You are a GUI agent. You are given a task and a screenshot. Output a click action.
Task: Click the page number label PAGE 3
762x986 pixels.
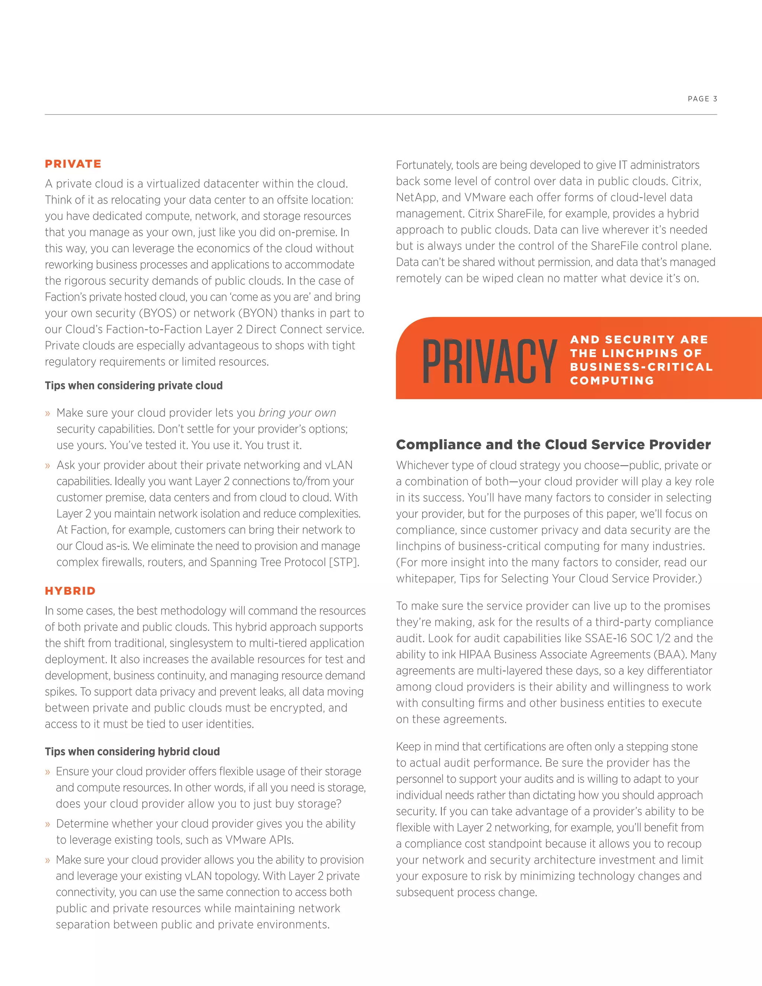click(702, 99)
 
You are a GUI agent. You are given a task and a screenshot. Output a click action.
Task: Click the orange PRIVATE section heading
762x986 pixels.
click(73, 164)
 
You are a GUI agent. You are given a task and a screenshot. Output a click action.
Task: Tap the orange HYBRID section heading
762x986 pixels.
click(70, 591)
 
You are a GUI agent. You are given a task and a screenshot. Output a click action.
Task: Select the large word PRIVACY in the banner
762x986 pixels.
click(489, 361)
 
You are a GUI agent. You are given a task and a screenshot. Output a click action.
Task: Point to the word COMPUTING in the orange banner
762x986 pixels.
click(612, 381)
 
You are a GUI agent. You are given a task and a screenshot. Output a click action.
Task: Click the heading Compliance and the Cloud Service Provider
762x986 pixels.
click(553, 445)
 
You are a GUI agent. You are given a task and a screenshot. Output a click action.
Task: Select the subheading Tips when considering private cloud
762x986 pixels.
click(134, 385)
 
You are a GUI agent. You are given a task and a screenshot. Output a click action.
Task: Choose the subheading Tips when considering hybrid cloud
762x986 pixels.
click(132, 752)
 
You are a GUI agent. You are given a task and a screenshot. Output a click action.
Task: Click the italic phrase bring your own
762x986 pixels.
click(297, 413)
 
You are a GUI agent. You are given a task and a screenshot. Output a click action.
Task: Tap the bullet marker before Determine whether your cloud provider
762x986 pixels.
click(47, 825)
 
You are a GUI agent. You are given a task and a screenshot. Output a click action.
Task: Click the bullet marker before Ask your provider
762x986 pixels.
click(47, 465)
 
